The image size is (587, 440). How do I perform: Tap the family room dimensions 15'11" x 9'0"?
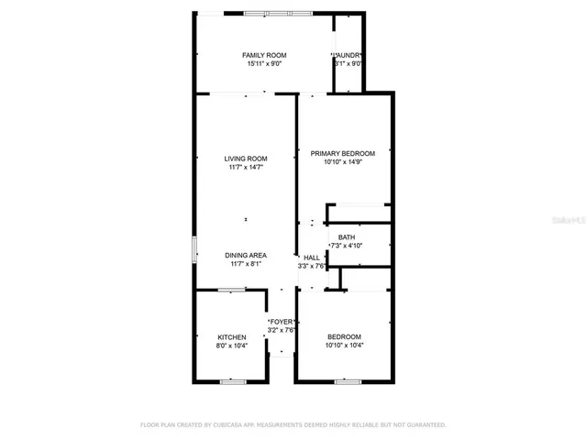coord(264,64)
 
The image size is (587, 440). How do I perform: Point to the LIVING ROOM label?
coord(246,159)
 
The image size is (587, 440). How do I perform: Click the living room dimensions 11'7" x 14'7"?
coord(246,168)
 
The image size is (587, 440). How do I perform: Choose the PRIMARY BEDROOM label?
coord(343,153)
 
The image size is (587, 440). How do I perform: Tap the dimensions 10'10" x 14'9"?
coord(343,162)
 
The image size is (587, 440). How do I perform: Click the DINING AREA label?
coord(246,255)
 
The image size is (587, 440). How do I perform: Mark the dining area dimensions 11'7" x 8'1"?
coord(246,264)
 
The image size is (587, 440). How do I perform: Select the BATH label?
coord(346,237)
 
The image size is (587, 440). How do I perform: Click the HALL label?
coord(312,258)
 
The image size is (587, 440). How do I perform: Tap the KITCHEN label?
coord(231,337)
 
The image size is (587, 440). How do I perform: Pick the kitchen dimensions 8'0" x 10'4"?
coord(231,346)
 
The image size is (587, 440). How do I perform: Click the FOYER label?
coord(281,322)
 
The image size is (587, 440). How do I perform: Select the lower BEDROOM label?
coord(343,336)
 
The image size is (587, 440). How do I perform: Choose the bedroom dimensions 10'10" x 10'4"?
coord(343,346)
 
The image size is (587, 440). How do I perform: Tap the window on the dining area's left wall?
coord(194,249)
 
